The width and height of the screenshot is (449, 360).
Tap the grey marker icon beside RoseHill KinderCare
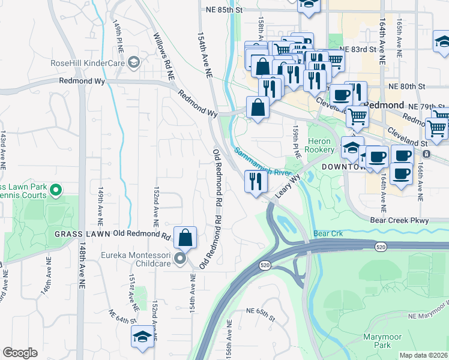tap(134, 61)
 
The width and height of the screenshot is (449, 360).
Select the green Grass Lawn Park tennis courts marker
tap(56, 191)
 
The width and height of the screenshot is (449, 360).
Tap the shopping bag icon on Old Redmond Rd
tap(186, 237)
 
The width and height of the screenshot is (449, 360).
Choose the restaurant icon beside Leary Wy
tap(256, 181)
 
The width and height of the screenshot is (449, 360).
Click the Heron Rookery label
tap(320, 145)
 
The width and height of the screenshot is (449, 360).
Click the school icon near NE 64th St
tap(143, 335)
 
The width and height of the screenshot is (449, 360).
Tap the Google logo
tap(20, 353)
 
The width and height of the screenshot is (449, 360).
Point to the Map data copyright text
tap(424, 355)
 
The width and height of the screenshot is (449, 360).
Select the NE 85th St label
tap(223, 10)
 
